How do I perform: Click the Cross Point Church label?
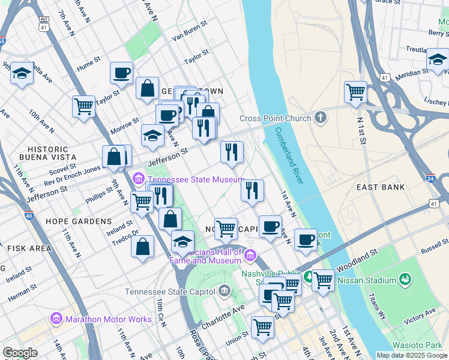pos(275,118)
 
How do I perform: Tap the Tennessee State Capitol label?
pos(170,292)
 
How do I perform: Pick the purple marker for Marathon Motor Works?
pos(58,318)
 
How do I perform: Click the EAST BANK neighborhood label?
pos(380,187)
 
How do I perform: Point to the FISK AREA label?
pos(29,248)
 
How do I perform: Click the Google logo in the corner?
pos(20,352)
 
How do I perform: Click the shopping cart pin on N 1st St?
pos(355,92)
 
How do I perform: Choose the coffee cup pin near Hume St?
pos(121,73)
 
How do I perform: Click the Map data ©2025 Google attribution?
pos(412,355)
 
